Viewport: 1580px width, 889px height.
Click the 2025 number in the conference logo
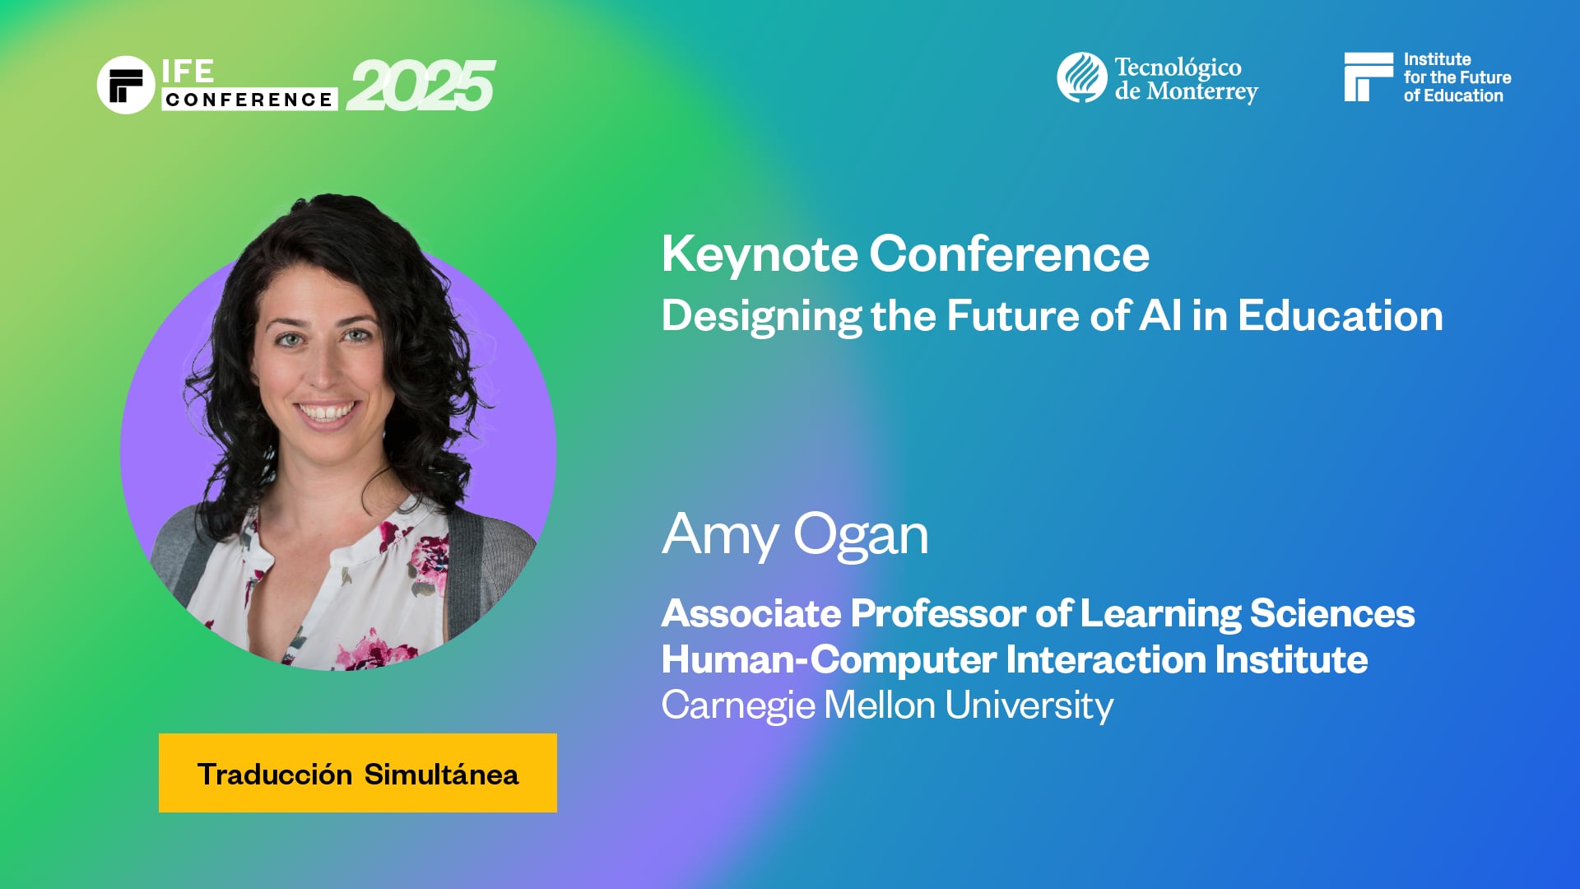coord(421,86)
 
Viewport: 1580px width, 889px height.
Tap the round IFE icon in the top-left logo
coord(126,85)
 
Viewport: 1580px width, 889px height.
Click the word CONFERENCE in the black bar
coord(249,100)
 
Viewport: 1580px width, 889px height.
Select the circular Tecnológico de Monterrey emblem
coord(1081,77)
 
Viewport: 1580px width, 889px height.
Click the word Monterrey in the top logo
coord(1202,91)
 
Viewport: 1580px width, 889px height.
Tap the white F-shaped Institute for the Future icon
coord(1368,77)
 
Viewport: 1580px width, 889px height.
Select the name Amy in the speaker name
coord(719,535)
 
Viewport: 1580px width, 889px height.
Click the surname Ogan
coord(861,535)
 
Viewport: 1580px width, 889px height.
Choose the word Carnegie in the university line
coord(738,706)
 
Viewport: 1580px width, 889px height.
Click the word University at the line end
coord(1029,706)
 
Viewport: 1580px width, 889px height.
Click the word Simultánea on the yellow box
coord(441,775)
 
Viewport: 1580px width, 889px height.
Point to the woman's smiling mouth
coord(326,411)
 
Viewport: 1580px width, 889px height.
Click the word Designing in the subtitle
coord(760,317)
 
